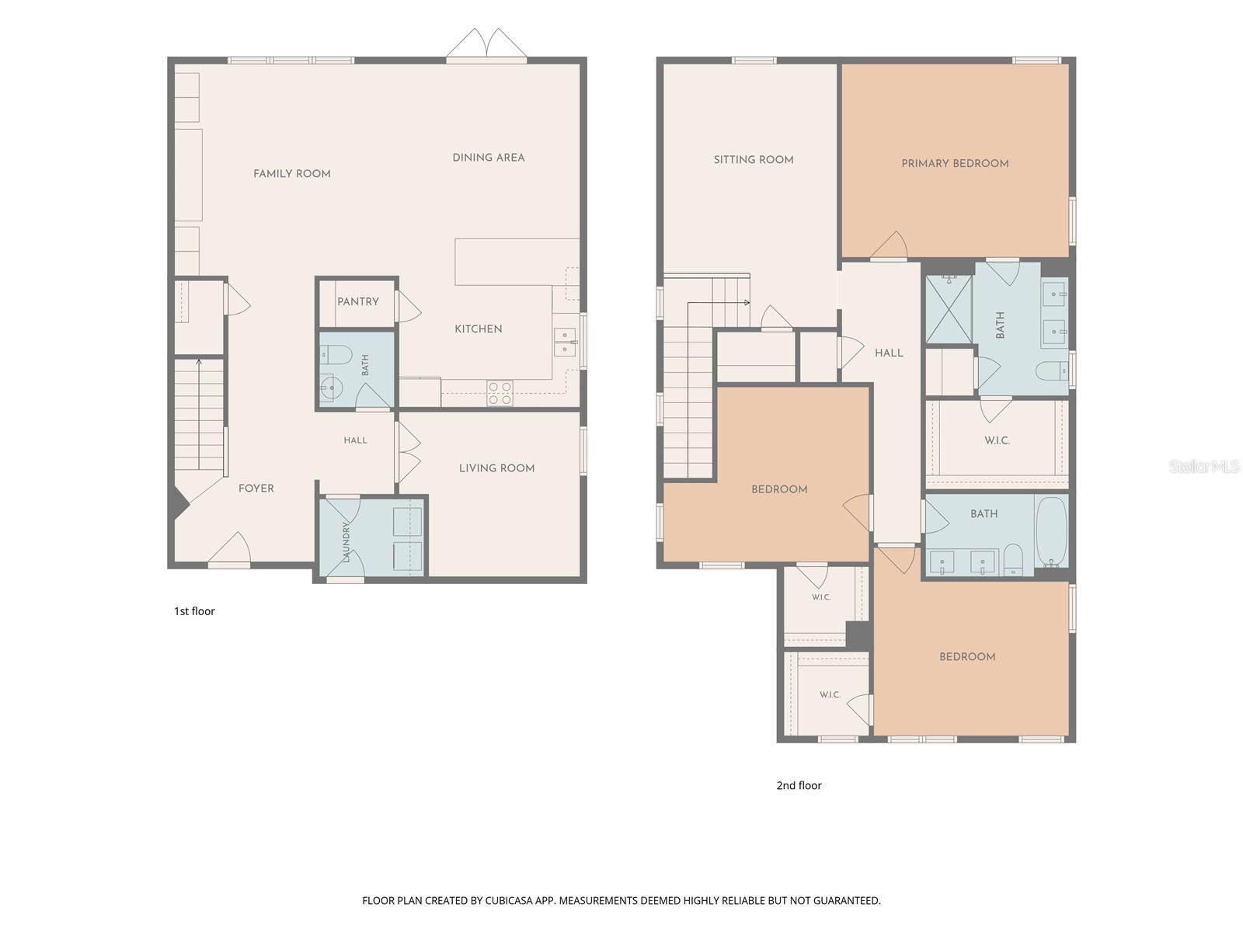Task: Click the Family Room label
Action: click(291, 174)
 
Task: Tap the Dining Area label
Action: click(488, 158)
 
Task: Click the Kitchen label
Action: click(478, 329)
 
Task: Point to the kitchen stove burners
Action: click(500, 393)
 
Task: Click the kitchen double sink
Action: click(565, 342)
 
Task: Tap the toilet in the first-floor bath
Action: click(336, 355)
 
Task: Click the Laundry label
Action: click(346, 541)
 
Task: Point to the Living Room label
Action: click(496, 468)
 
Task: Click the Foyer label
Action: click(256, 489)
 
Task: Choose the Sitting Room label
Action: click(753, 159)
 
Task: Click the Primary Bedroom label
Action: click(955, 164)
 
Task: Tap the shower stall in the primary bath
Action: click(949, 309)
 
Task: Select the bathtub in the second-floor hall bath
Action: click(1052, 531)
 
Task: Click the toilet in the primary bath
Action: click(1053, 371)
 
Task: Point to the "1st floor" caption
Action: click(194, 610)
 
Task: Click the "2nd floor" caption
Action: click(799, 785)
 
